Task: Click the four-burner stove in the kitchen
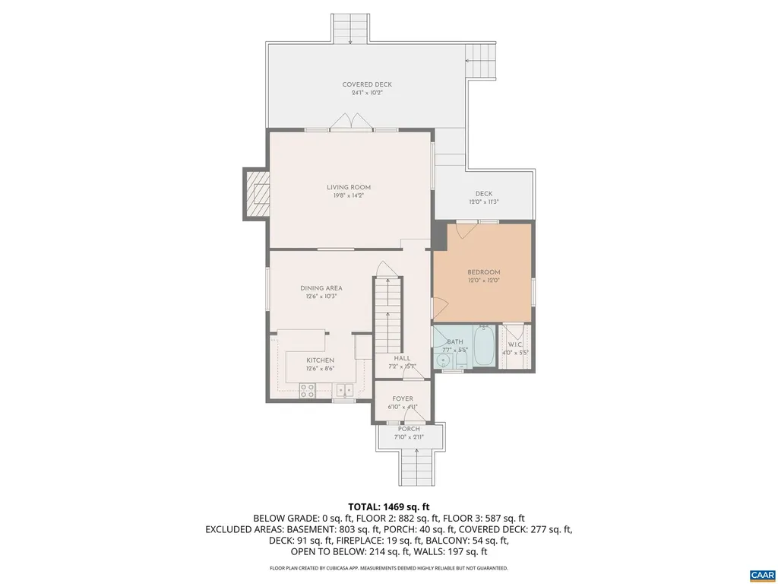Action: coord(308,391)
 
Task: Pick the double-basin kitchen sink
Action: coord(345,391)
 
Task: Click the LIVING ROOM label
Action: coord(349,187)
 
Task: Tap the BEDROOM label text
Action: coord(483,272)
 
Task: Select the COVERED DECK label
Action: coord(367,84)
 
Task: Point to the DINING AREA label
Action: coord(321,288)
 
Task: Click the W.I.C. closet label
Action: coord(514,344)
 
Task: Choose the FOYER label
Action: coord(403,398)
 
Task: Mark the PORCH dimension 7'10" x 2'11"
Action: coord(409,437)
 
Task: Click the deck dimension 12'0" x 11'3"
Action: coord(484,202)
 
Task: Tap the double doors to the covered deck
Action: coord(349,122)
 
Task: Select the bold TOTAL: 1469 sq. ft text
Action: coord(389,506)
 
